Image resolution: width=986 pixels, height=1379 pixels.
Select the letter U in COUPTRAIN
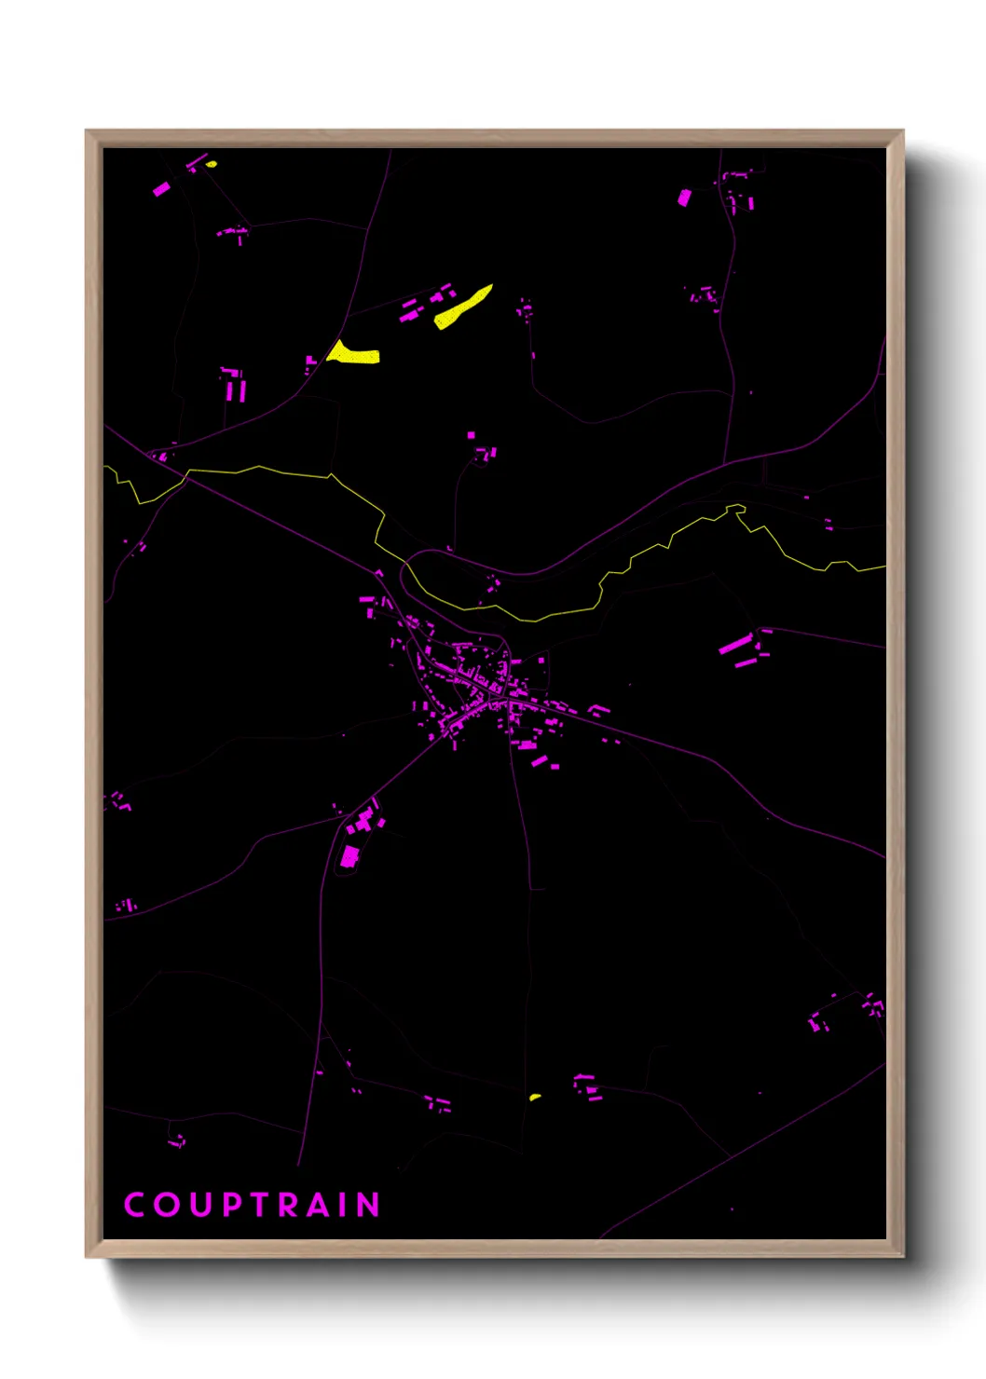click(200, 1205)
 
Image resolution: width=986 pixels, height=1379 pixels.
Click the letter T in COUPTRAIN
click(260, 1205)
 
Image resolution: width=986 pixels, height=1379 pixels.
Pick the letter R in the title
click(290, 1205)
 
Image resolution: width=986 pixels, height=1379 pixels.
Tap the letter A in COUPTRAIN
click(320, 1205)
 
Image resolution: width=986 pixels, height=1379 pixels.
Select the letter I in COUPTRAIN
click(344, 1205)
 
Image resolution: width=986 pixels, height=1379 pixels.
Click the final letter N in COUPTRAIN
click(369, 1205)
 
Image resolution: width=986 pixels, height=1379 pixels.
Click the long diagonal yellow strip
click(462, 307)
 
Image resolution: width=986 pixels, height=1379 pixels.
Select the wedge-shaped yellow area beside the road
click(351, 354)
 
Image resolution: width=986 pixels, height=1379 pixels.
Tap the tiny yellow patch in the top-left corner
click(212, 165)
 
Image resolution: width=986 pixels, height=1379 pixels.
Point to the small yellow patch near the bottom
click(535, 1097)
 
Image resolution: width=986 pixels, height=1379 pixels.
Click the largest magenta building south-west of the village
click(350, 856)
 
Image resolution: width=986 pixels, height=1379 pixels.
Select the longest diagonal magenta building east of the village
click(735, 644)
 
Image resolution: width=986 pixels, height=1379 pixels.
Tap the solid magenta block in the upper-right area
click(684, 197)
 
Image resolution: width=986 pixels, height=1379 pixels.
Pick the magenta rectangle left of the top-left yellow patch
click(161, 189)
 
